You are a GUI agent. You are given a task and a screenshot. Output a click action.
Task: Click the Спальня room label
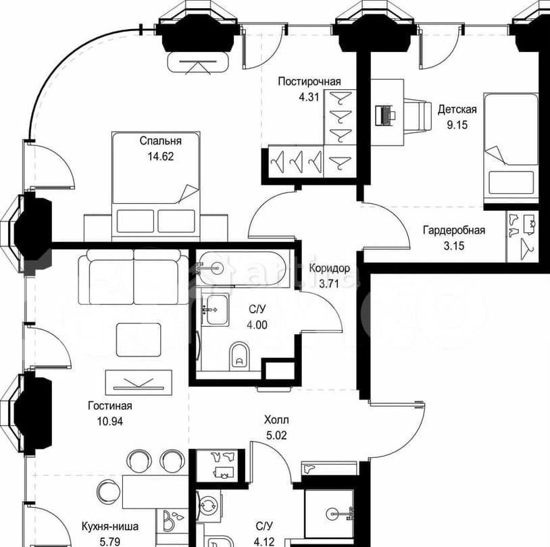[160, 141]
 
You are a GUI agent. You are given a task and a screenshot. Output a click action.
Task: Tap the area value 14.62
[160, 157]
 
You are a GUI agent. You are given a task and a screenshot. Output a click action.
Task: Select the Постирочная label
[309, 82]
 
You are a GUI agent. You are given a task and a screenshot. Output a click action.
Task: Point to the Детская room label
[457, 109]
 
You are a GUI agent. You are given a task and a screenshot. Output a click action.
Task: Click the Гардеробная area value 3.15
[454, 245]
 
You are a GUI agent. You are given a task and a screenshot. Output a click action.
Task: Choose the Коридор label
[329, 269]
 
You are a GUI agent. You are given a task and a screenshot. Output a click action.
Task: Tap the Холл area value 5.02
[276, 435]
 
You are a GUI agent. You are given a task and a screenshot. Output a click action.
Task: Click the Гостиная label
[109, 406]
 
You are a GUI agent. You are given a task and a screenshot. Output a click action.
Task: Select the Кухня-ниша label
[109, 526]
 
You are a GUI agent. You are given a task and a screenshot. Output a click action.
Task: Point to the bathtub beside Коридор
[241, 268]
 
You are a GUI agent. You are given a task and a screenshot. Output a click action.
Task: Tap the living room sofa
[133, 277]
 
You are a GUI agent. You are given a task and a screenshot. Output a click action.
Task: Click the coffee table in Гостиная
[139, 340]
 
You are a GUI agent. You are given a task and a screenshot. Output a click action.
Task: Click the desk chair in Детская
[418, 116]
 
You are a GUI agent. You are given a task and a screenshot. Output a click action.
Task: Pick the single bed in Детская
[511, 148]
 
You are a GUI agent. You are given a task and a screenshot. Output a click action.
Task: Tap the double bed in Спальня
[155, 186]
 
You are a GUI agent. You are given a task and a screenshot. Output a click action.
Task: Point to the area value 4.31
[309, 97]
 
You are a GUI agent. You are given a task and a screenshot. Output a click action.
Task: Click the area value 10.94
[109, 421]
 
